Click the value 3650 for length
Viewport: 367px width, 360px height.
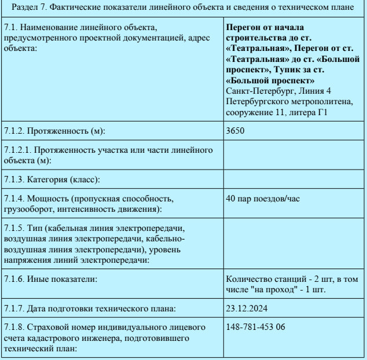(236, 130)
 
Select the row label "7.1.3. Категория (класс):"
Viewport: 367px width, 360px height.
(52, 179)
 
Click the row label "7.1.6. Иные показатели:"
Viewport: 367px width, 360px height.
(50, 279)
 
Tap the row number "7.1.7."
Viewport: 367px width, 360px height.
(14, 307)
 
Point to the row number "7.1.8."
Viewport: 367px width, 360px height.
(14, 327)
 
